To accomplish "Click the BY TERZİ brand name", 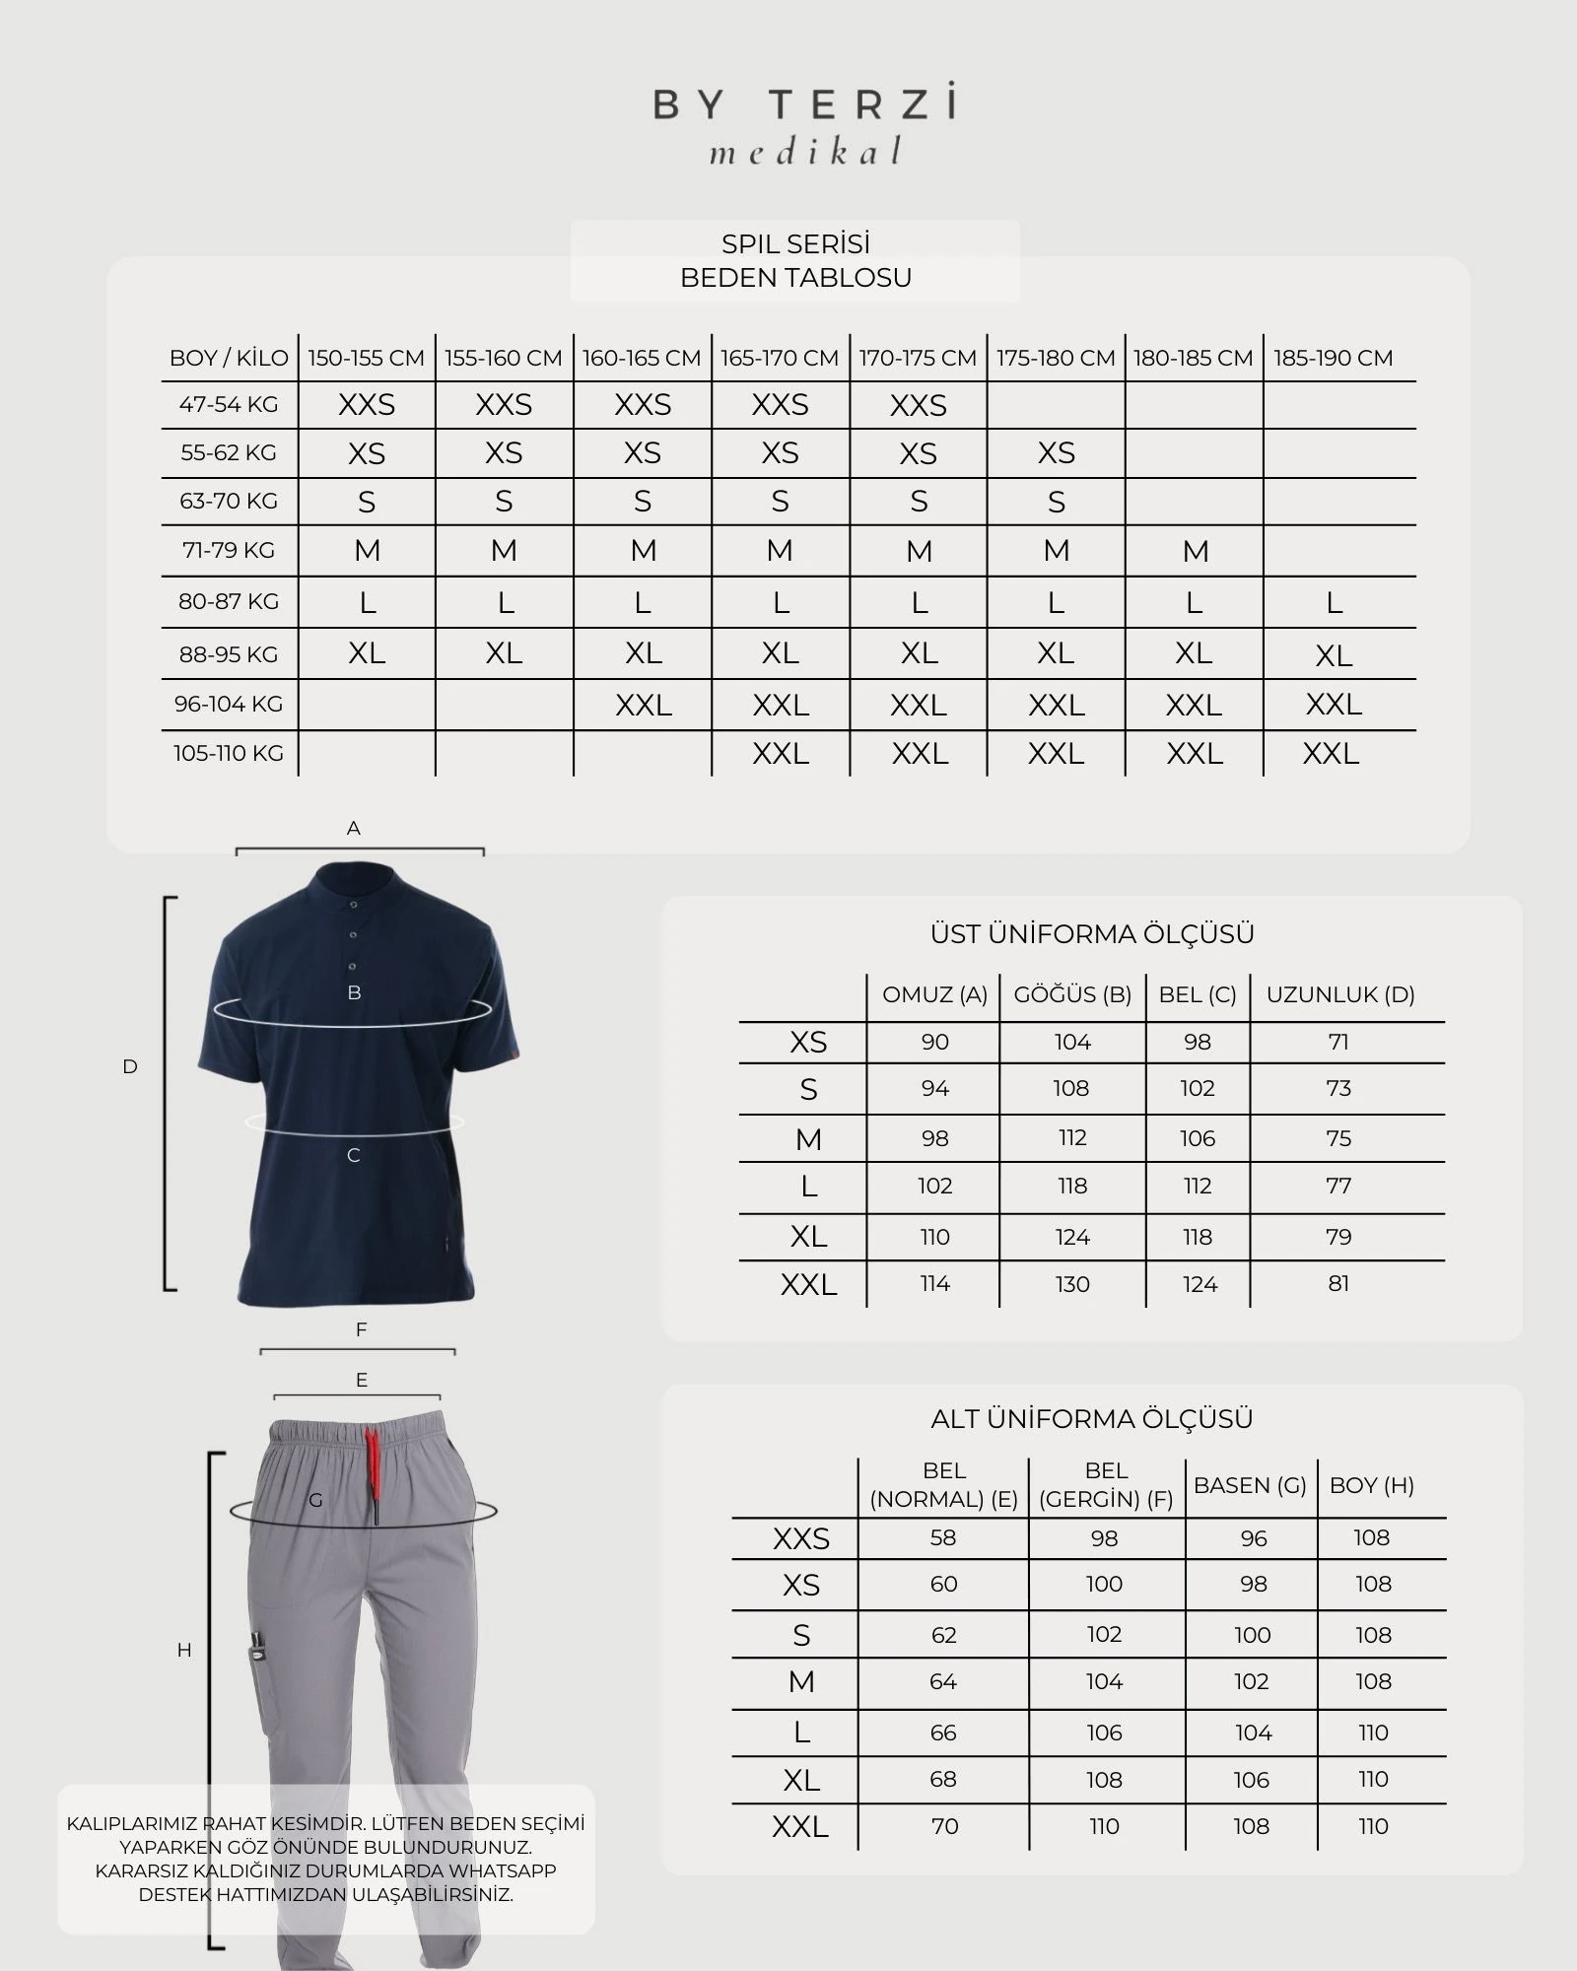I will (804, 103).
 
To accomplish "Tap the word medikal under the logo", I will (804, 152).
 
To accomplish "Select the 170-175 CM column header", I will (918, 358).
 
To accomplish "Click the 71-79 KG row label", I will (229, 550).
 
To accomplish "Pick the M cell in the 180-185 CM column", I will (1195, 551).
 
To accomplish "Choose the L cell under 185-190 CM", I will (1334, 602).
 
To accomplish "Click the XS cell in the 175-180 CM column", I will (1056, 453).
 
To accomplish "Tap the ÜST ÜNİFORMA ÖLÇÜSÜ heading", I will (1092, 933).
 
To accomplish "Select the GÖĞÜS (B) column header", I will (1072, 994).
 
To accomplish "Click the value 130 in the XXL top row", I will (1072, 1284).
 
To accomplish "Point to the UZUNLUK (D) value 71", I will (1337, 1042).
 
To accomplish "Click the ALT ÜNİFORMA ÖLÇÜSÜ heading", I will (1092, 1419).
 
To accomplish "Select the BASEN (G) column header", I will (1250, 1485).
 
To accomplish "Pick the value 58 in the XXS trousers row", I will (943, 1537).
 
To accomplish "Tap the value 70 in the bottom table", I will (944, 1826).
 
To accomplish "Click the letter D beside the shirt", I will (130, 1066).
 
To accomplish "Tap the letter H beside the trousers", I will (184, 1650).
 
